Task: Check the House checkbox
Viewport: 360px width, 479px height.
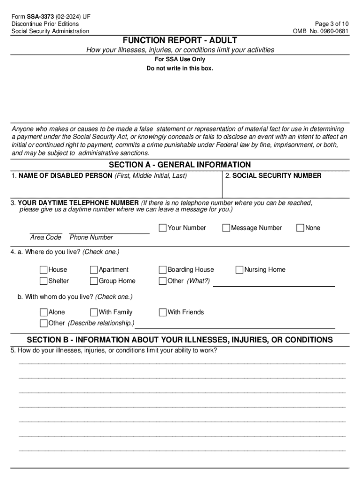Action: [x=43, y=269]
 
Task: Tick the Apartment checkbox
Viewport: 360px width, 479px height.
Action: [x=94, y=269]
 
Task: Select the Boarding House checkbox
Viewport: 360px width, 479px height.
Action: [x=163, y=269]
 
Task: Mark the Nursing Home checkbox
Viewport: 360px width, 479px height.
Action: [x=239, y=269]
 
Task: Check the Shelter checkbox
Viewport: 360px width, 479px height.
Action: [x=43, y=281]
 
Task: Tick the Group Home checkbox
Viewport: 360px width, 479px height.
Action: [x=94, y=281]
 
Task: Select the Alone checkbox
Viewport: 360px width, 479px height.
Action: [x=43, y=312]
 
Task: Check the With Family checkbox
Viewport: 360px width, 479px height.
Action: [x=94, y=312]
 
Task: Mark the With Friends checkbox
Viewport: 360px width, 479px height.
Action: [x=163, y=312]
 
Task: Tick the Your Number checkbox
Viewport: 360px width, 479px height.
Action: [x=163, y=228]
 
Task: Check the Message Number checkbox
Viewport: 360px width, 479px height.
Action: [x=226, y=228]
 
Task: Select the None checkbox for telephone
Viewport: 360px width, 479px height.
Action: [x=301, y=228]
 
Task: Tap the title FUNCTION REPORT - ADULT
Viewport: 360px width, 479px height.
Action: [x=180, y=41]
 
